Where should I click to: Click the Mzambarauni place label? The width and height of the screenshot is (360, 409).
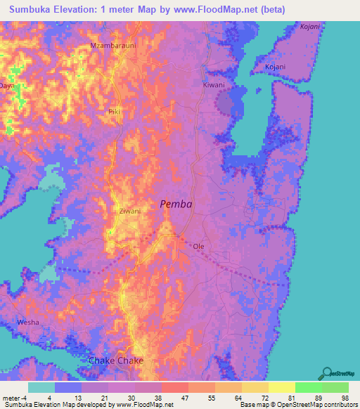click(112, 46)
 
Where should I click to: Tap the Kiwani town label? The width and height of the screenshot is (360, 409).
click(214, 84)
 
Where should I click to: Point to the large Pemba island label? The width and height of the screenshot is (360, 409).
click(176, 204)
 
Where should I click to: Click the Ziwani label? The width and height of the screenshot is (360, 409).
click(129, 211)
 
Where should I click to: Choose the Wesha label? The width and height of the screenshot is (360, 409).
click(28, 322)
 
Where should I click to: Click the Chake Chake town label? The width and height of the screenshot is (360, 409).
click(116, 361)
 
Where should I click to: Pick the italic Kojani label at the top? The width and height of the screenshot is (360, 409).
click(309, 26)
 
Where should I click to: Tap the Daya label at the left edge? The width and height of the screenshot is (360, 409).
click(7, 86)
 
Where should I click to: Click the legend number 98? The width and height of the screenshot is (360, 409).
click(344, 397)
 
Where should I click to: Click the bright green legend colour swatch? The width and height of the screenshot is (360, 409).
click(308, 387)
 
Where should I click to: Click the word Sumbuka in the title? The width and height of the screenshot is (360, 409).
click(34, 9)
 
